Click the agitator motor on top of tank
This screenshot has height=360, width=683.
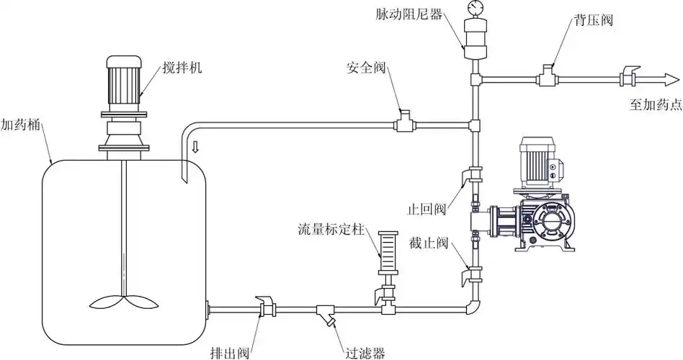pos(125,79)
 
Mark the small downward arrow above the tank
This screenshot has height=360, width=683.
pos(195,148)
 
